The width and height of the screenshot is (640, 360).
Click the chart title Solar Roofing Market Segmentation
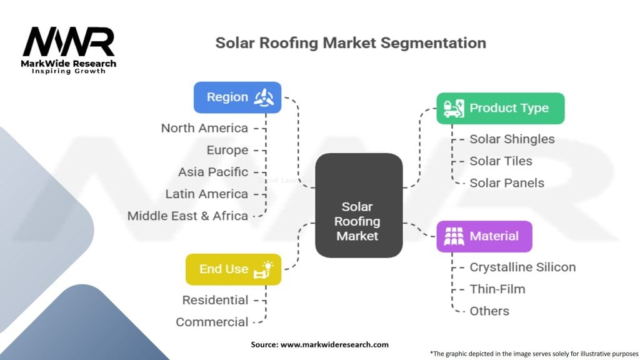pos(351,43)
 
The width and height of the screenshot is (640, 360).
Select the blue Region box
pos(237,97)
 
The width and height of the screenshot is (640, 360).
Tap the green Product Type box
pos(501,109)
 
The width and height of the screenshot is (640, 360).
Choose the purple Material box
pos(484,236)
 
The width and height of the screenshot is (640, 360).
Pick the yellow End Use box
pos(234,269)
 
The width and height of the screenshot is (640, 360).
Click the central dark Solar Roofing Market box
pos(359,205)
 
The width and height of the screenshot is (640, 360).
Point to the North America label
pos(204,128)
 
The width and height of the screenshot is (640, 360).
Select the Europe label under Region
pos(227,150)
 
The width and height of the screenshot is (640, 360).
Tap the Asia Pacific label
pos(213,172)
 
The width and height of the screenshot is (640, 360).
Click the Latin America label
pos(206,194)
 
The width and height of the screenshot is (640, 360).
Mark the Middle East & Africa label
pos(187,216)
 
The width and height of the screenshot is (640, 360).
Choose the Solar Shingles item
pos(512,139)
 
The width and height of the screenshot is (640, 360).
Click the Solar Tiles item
pos(501,161)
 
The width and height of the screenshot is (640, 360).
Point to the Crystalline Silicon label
pos(522,267)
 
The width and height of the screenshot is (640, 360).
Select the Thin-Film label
pos(497,289)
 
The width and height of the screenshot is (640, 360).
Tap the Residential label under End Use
pos(215,301)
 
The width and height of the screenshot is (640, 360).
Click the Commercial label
pos(212,322)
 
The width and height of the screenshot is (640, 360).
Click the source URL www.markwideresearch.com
pos(334,344)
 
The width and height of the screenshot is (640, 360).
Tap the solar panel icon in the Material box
pos(454,236)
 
